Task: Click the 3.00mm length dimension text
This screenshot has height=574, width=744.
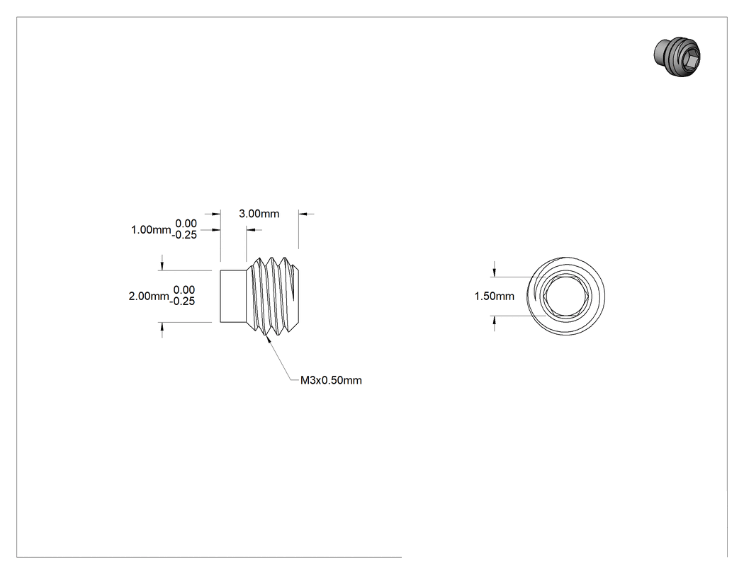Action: pyautogui.click(x=259, y=214)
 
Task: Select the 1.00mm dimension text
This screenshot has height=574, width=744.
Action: pyautogui.click(x=151, y=230)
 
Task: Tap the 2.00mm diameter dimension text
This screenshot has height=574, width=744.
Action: pyautogui.click(x=149, y=297)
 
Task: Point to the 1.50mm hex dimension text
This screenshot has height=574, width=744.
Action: pyautogui.click(x=495, y=297)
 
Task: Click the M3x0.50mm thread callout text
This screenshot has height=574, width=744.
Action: pyautogui.click(x=331, y=380)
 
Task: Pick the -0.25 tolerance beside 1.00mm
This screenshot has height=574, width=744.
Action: pyautogui.click(x=184, y=235)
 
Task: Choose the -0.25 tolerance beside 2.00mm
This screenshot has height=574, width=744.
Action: pyautogui.click(x=182, y=302)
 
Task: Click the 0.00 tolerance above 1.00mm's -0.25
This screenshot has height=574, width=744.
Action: pyautogui.click(x=186, y=224)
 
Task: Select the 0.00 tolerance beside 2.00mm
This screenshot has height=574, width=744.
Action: pyautogui.click(x=184, y=290)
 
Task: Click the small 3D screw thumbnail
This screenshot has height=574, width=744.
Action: pyautogui.click(x=677, y=57)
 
